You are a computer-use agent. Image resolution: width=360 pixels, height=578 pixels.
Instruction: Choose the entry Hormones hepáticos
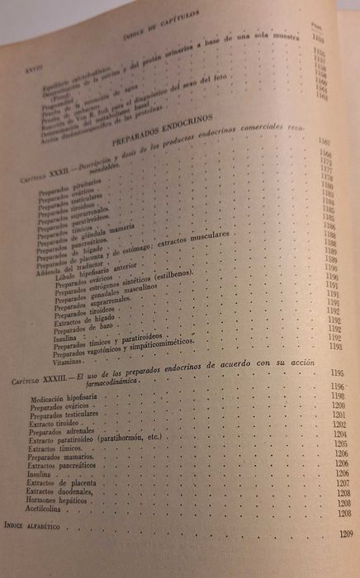coord(64,502)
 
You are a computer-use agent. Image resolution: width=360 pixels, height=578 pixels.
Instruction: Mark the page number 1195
coord(337,386)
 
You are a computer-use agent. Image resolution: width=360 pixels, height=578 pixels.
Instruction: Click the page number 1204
coord(339,433)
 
